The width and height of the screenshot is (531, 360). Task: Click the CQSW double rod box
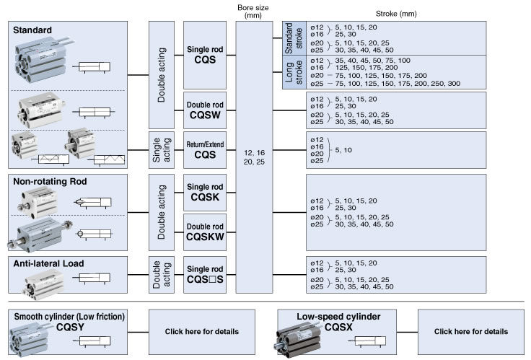coord(206,109)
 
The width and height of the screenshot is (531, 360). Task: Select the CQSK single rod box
coord(206,191)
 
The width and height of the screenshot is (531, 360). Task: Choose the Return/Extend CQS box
coord(206,150)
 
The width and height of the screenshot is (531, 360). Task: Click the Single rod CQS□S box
coord(206,274)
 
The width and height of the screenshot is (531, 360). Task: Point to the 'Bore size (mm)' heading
coord(253,12)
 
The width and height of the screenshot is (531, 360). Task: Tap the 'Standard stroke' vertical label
coord(289,38)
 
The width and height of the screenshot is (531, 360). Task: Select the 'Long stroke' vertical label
coord(289,72)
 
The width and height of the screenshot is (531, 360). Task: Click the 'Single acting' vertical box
coord(159,150)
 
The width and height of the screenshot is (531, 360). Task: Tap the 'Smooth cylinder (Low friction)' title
coord(70,316)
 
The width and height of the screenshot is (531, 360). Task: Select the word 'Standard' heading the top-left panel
coord(32,30)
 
